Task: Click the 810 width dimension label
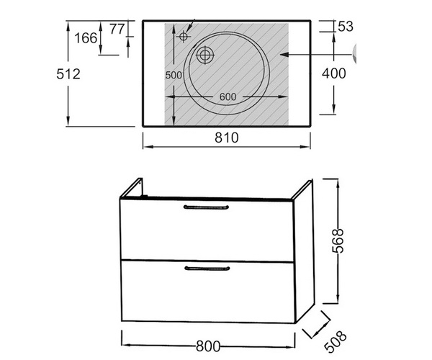click(227, 138)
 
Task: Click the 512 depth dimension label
click(68, 74)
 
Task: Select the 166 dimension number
click(86, 38)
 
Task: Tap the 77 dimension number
click(117, 29)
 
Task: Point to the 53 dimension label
click(346, 27)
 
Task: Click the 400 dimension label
click(334, 73)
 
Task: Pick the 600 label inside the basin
click(228, 96)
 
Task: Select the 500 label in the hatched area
click(174, 75)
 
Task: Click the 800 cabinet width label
click(208, 346)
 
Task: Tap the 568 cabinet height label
click(338, 240)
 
